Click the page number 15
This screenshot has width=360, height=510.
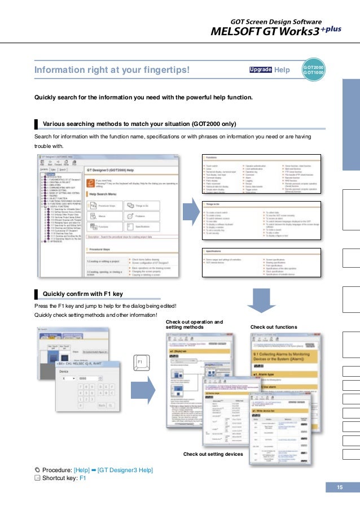(x=340, y=487)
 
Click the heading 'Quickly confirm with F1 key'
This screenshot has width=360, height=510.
(x=82, y=293)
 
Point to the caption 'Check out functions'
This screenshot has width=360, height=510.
(x=273, y=327)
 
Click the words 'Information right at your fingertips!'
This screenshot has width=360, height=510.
(x=111, y=70)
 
